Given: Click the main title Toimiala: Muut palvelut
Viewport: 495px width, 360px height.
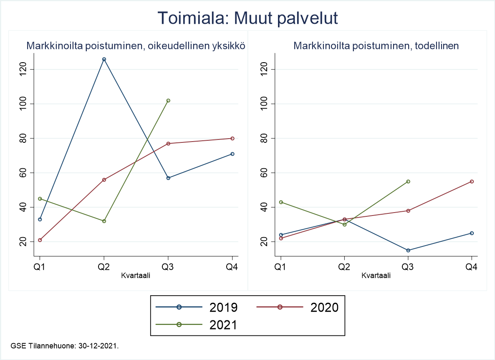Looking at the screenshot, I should click(x=247, y=19).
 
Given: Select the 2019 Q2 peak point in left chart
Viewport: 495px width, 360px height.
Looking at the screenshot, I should click(x=104, y=59).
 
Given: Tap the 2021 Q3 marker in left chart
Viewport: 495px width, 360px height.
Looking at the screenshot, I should click(x=168, y=101).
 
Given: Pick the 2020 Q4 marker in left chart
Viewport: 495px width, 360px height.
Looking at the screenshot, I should click(x=232, y=138).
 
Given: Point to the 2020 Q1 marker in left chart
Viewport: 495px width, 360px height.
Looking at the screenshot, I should click(x=40, y=240).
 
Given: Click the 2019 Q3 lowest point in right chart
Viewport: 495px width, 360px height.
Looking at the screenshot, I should click(x=408, y=251).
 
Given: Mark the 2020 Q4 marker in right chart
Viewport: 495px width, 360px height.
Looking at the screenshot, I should click(x=472, y=182).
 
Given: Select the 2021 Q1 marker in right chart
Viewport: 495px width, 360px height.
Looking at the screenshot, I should click(x=281, y=202).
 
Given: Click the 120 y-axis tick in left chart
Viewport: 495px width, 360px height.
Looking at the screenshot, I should click(x=23, y=69).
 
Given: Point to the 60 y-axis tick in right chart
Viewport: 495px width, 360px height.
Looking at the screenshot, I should click(x=263, y=173).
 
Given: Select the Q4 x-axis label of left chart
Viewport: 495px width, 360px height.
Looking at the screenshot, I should click(x=232, y=267).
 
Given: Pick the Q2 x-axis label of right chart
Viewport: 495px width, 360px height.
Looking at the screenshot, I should click(x=344, y=267).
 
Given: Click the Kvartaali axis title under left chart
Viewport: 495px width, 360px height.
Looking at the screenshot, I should click(x=136, y=275).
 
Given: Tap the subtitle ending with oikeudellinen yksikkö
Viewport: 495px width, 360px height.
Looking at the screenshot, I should click(x=136, y=46).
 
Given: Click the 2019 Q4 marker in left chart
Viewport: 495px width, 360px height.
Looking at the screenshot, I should click(x=232, y=154).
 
